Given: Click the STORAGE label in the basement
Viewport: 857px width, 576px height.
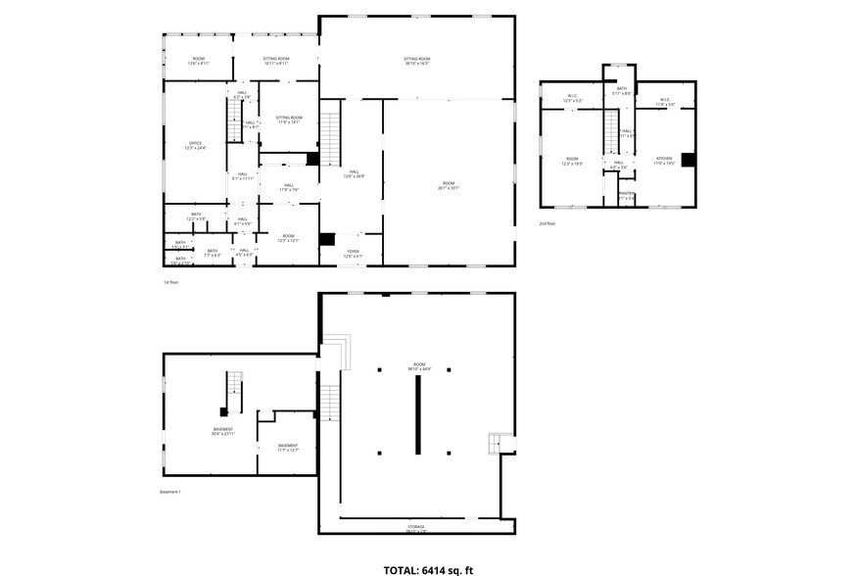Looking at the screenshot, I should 417,528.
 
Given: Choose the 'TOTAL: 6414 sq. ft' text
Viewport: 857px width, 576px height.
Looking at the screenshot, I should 428,567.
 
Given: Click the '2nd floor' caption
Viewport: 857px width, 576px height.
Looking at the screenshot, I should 548,223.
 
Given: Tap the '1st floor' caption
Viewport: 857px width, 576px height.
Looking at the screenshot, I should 172,282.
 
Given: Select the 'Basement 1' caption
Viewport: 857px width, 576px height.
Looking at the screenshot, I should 171,491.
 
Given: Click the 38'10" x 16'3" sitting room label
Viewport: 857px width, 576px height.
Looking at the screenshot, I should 417,62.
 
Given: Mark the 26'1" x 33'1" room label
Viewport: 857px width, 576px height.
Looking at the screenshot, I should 448,185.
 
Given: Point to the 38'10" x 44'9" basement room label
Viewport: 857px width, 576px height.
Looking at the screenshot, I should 418,365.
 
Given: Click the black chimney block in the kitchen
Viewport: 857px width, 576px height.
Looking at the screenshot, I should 689,161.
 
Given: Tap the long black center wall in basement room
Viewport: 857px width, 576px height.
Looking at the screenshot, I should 417,414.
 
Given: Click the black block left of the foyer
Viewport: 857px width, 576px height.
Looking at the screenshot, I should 327,239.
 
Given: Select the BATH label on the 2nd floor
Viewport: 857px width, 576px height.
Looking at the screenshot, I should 621,90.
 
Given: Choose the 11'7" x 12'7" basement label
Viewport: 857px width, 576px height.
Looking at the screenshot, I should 287,448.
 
